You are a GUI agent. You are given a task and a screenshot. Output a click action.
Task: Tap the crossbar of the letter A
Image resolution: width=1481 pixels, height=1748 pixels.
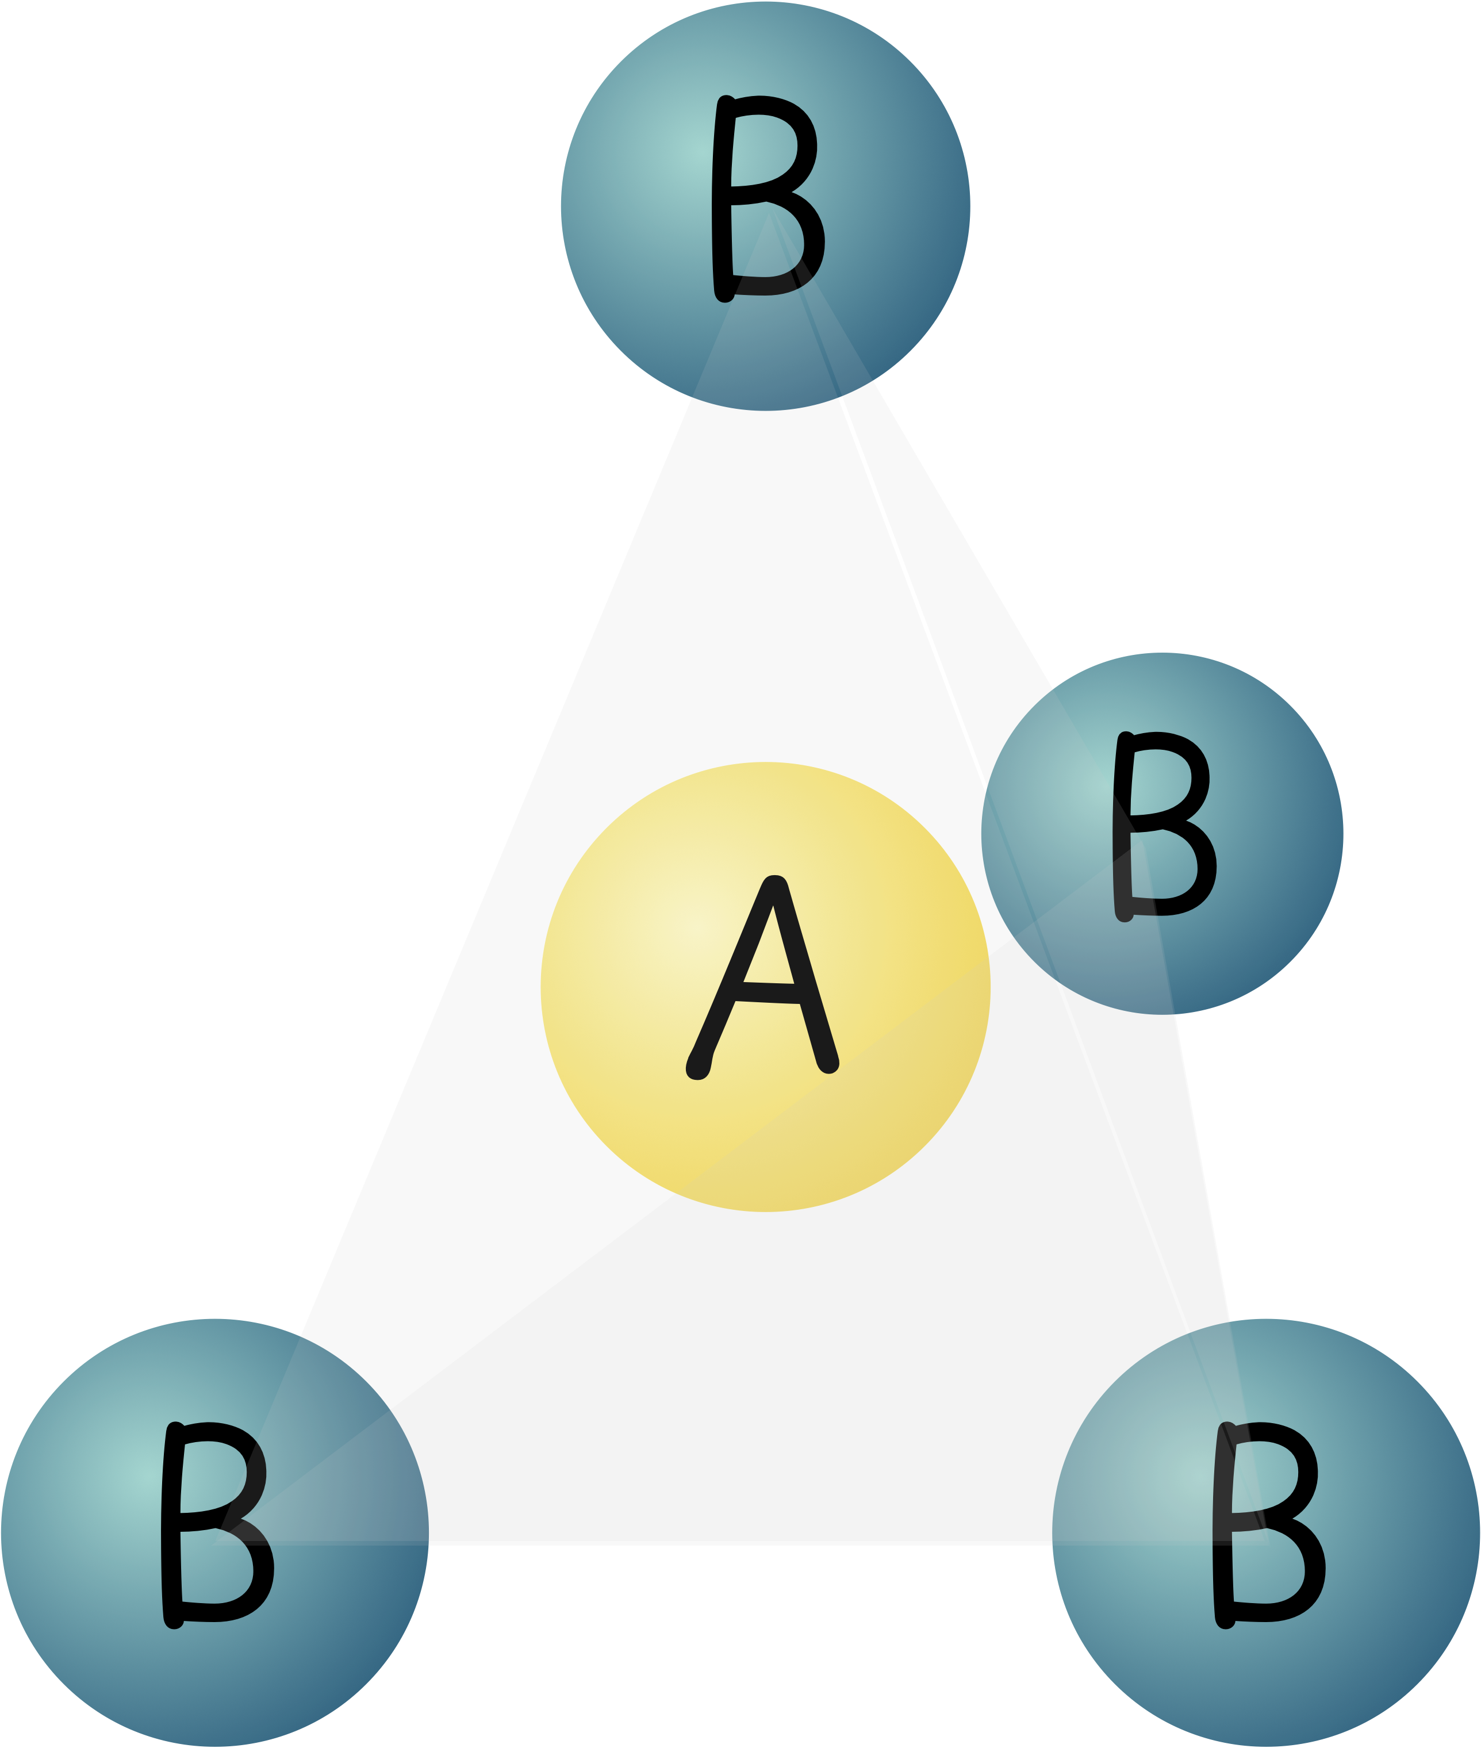(x=768, y=1000)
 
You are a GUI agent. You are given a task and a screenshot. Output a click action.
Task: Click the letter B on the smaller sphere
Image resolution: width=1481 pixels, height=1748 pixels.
(x=1164, y=826)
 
